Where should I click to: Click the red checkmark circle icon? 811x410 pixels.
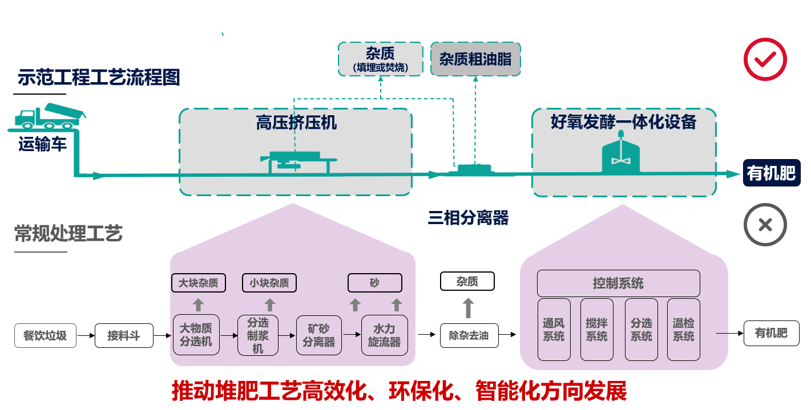(x=765, y=59)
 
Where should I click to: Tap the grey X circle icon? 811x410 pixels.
(x=765, y=225)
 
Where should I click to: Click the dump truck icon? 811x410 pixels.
(x=50, y=117)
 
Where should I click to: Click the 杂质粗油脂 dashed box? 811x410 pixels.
(x=475, y=59)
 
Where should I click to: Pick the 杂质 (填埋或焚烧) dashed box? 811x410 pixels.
(x=380, y=59)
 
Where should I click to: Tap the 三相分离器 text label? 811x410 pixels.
(x=468, y=217)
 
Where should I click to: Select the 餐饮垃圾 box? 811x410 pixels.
(x=45, y=335)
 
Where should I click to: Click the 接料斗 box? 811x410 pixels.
(x=123, y=335)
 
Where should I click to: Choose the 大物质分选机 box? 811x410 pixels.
(x=196, y=335)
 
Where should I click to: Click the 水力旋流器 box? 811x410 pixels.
(x=384, y=335)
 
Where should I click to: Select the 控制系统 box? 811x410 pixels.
(x=618, y=283)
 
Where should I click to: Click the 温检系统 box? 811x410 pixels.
(x=683, y=330)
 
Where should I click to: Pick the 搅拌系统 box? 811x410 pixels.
(x=596, y=330)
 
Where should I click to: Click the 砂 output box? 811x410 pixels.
(x=374, y=283)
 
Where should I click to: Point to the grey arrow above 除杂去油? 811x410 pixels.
(x=468, y=307)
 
